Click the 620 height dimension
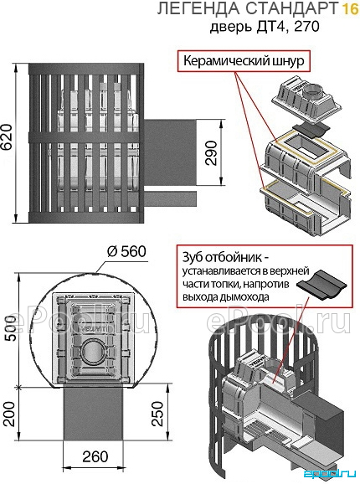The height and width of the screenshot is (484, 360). click(7, 137)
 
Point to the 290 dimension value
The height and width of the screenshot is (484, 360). click(213, 152)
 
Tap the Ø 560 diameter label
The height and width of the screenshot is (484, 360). click(126, 251)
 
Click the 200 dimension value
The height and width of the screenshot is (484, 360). click(10, 414)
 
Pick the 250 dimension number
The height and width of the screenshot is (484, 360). click(157, 414)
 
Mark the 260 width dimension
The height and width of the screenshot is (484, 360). click(95, 456)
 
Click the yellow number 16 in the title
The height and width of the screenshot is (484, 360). click(350, 8)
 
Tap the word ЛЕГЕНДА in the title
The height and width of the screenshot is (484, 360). click(198, 9)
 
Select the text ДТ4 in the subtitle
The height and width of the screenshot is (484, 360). click(272, 27)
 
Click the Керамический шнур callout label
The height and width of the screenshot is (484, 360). click(244, 61)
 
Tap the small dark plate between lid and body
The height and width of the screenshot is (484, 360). click(310, 129)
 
